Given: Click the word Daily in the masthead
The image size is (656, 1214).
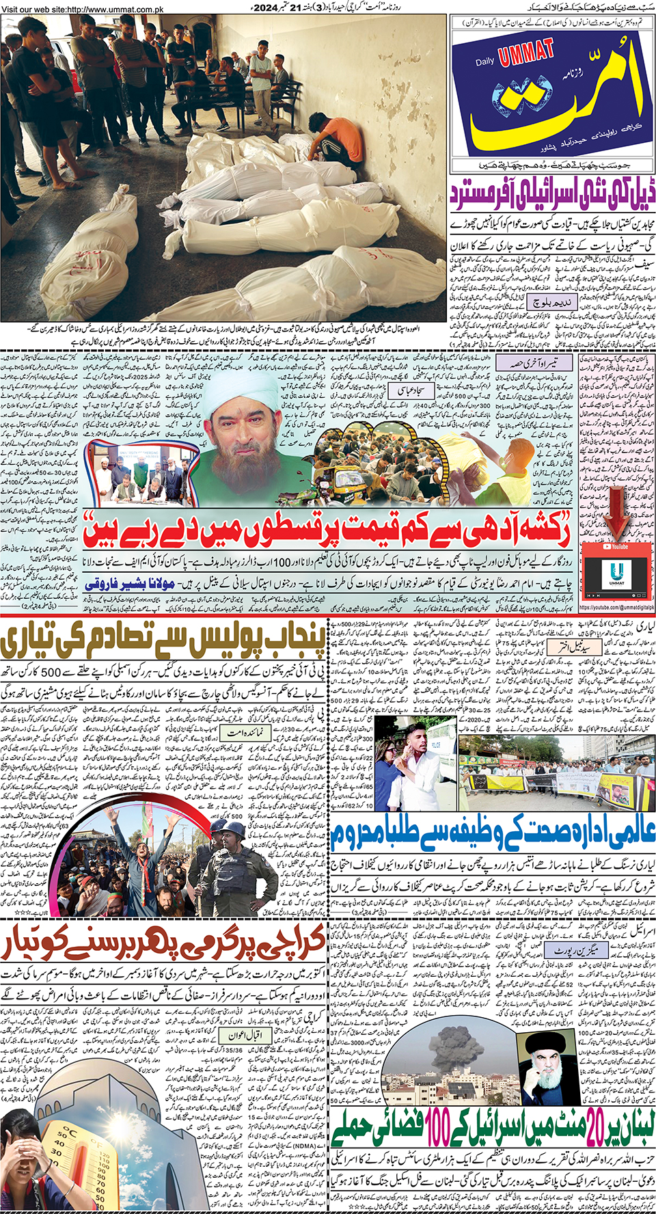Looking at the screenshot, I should [x=484, y=62].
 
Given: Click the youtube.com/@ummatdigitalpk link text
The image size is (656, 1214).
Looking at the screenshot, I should [x=616, y=607].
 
